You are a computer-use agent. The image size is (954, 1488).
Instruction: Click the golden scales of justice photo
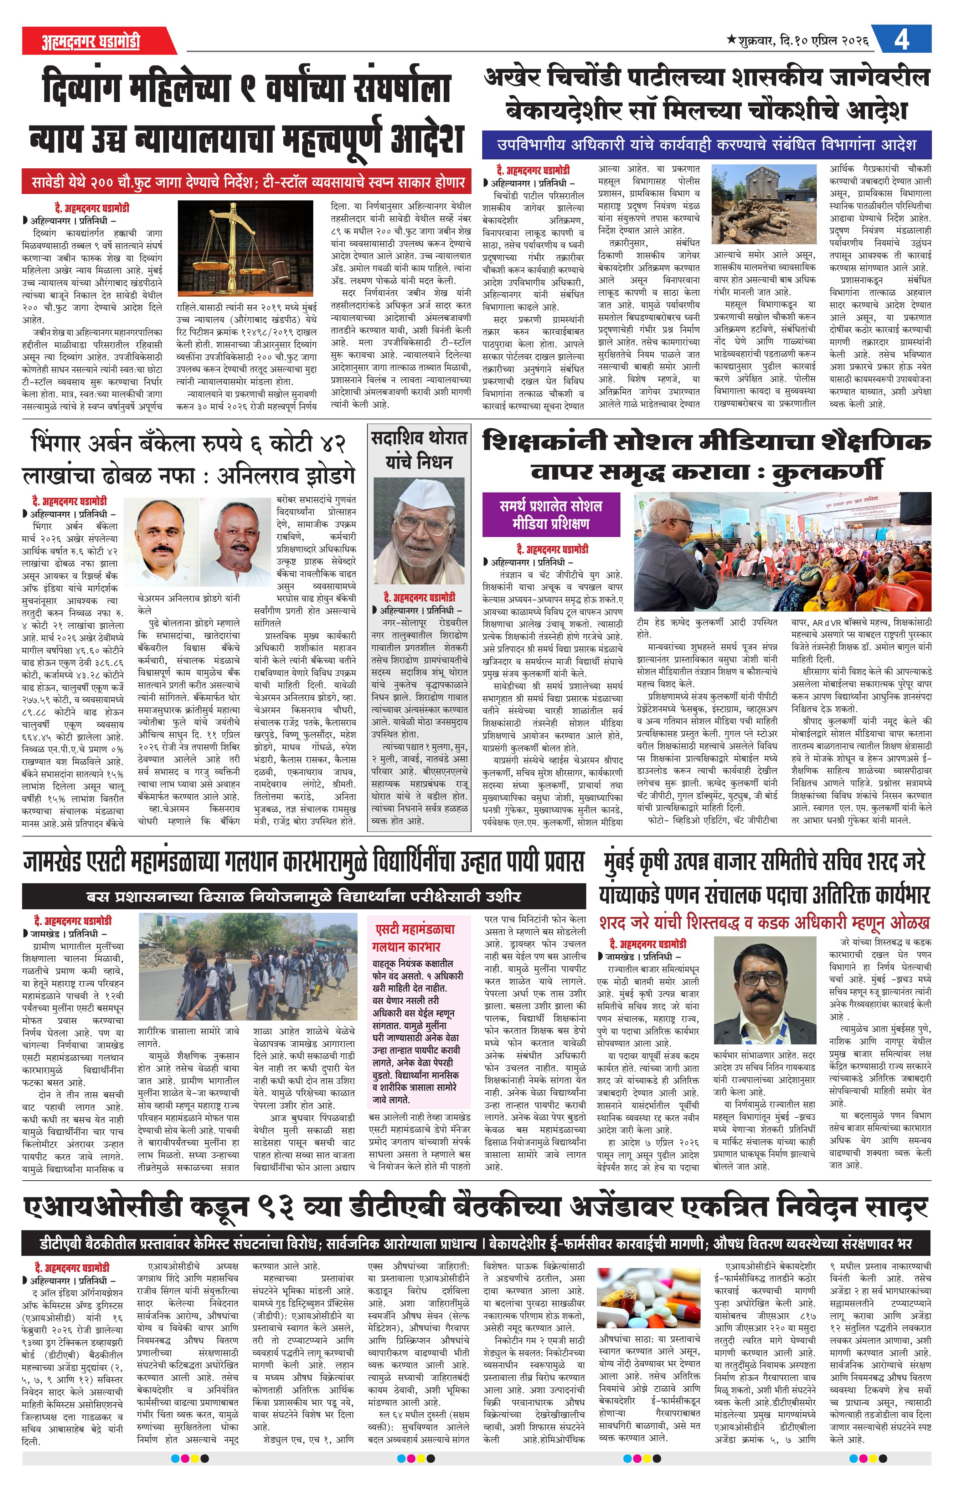[x=245, y=248]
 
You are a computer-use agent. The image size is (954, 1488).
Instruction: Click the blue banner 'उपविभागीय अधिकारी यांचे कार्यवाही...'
[x=706, y=144]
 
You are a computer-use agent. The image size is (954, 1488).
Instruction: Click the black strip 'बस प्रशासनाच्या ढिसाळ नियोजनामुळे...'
[x=304, y=896]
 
